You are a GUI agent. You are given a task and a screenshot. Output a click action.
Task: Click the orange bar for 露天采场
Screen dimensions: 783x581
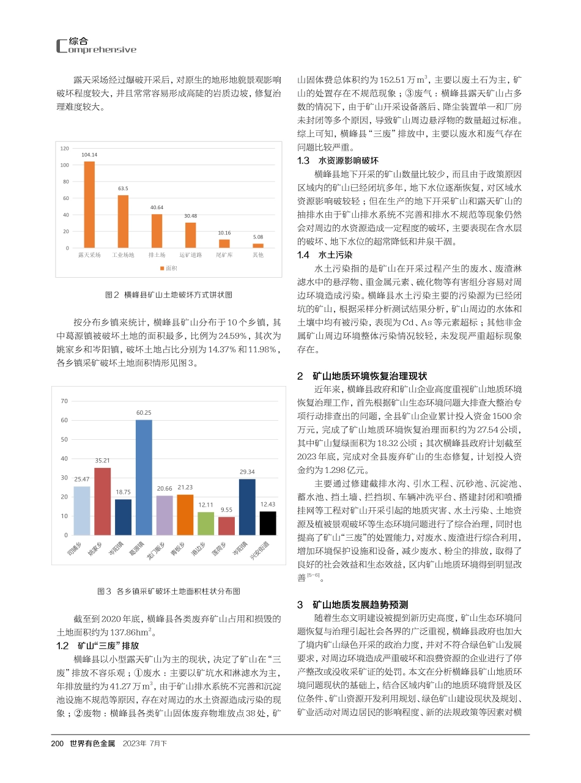tap(89, 204)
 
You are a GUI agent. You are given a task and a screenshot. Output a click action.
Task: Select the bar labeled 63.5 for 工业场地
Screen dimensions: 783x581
tap(123, 221)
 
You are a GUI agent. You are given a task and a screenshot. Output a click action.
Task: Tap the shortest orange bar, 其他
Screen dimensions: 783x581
tap(258, 245)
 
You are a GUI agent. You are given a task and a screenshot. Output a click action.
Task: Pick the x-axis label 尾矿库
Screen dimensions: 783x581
tap(224, 254)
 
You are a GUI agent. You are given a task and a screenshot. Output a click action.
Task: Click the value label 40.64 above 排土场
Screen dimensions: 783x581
tap(157, 208)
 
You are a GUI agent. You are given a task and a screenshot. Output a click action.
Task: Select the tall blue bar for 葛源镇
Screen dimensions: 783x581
tap(144, 477)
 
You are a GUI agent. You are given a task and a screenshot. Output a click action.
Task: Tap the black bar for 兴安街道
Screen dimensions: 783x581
tap(268, 523)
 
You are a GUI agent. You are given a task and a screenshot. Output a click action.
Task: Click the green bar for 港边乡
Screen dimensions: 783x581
tap(206, 524)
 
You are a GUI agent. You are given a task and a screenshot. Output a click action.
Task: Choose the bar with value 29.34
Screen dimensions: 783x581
tap(247, 507)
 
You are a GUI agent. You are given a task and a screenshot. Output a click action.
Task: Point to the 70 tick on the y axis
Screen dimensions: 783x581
tap(64, 401)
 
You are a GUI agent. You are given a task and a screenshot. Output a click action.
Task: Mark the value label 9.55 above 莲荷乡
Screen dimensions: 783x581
tap(226, 509)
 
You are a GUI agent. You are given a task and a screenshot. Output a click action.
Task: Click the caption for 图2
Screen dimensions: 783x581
tap(169, 295)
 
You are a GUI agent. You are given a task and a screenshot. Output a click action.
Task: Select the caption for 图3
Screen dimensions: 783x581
tap(169, 592)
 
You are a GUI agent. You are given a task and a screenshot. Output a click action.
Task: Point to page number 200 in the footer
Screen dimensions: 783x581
tap(57, 743)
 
